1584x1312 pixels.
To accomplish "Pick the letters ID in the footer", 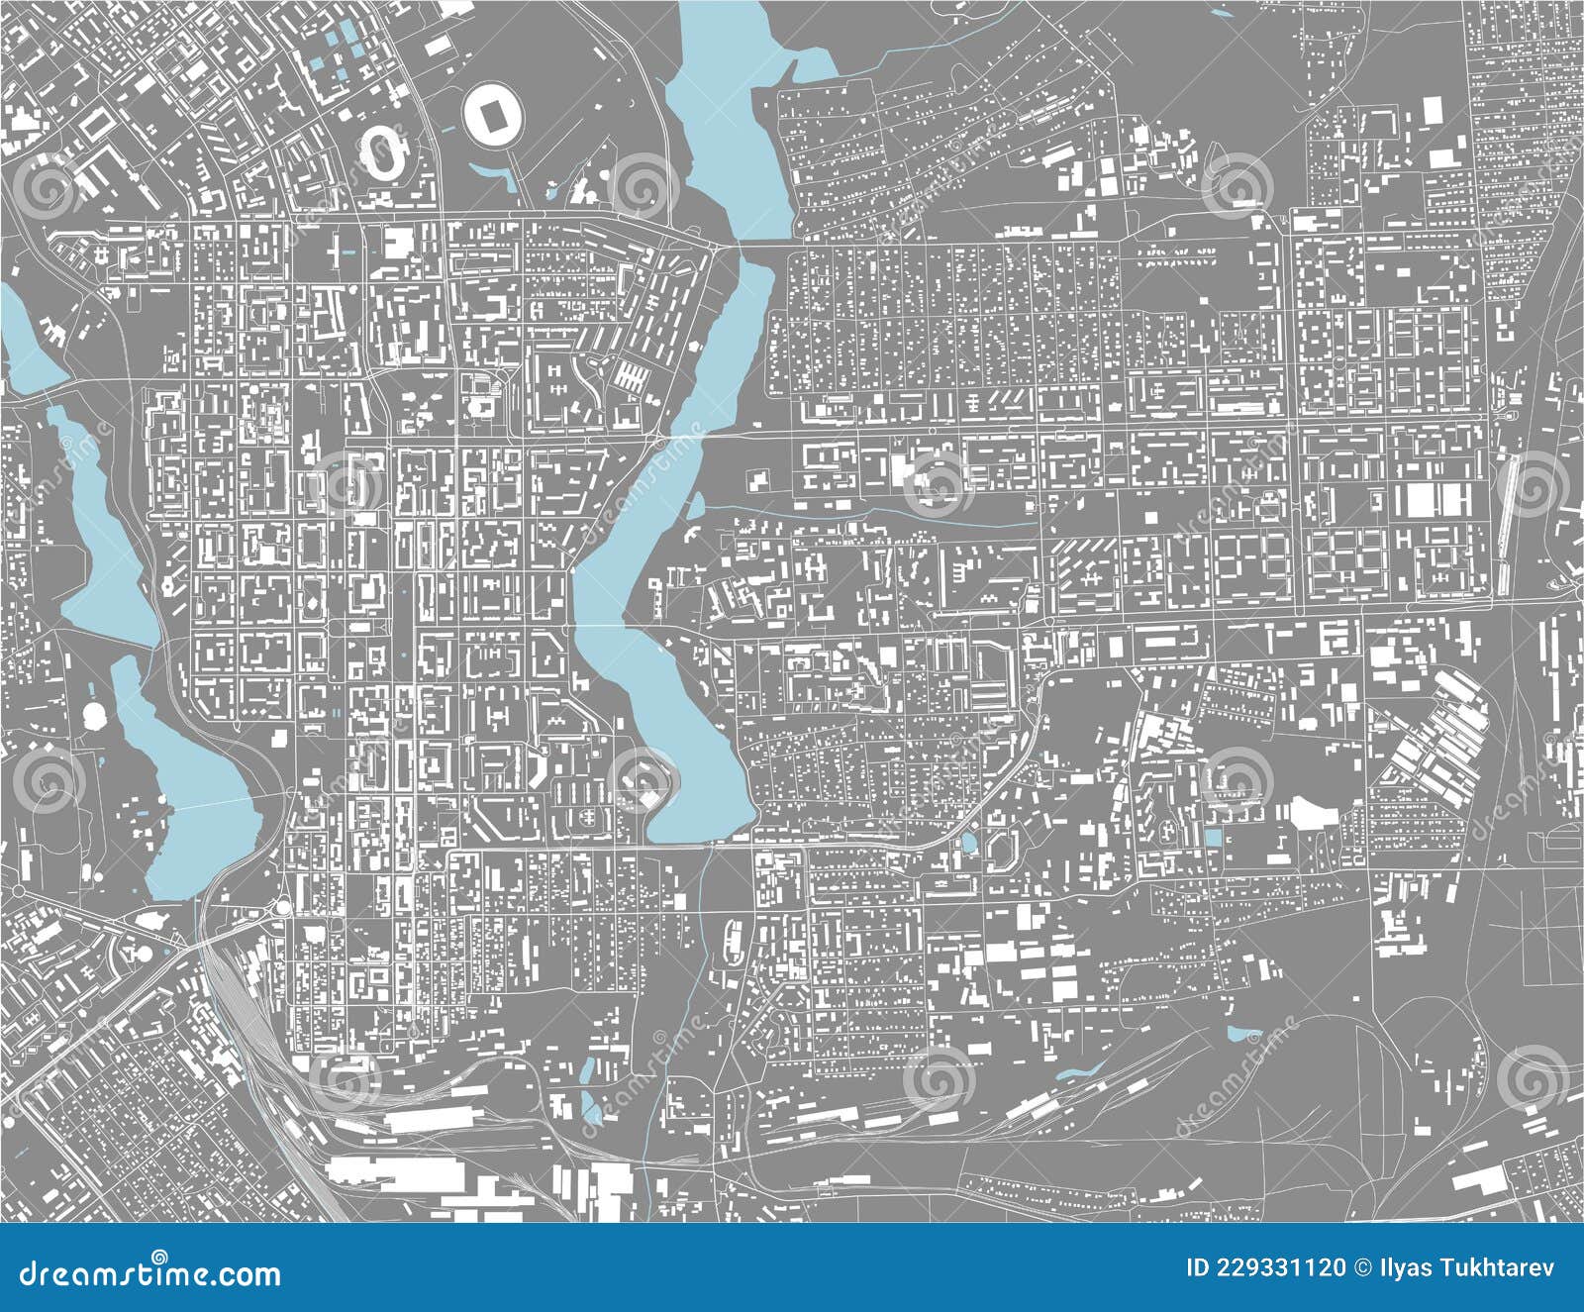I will pyautogui.click(x=1197, y=1268).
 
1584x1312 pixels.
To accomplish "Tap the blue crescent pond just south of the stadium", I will pyautogui.click(x=507, y=175).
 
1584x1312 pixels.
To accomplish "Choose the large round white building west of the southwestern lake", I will pyautogui.click(x=97, y=714).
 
